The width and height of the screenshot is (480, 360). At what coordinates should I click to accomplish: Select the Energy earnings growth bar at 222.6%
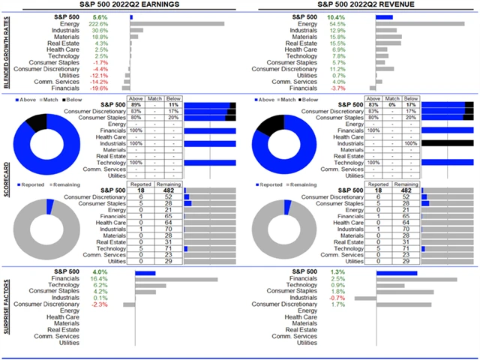pos(176,23)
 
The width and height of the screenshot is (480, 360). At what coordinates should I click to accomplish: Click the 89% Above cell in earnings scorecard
pos(137,104)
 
